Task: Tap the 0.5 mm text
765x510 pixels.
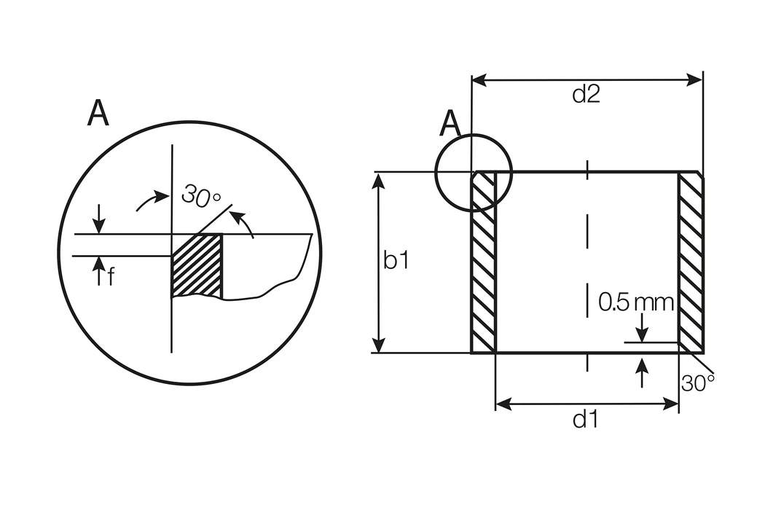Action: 636,302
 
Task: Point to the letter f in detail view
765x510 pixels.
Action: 111,278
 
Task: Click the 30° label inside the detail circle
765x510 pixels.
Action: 201,196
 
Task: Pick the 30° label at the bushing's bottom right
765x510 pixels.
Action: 698,382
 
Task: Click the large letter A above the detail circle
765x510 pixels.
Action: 98,114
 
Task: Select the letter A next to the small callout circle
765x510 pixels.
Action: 451,125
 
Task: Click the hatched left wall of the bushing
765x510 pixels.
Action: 484,262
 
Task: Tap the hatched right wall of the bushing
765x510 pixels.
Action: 691,262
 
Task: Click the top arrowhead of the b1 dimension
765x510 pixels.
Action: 379,180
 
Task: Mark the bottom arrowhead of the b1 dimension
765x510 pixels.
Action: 379,346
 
